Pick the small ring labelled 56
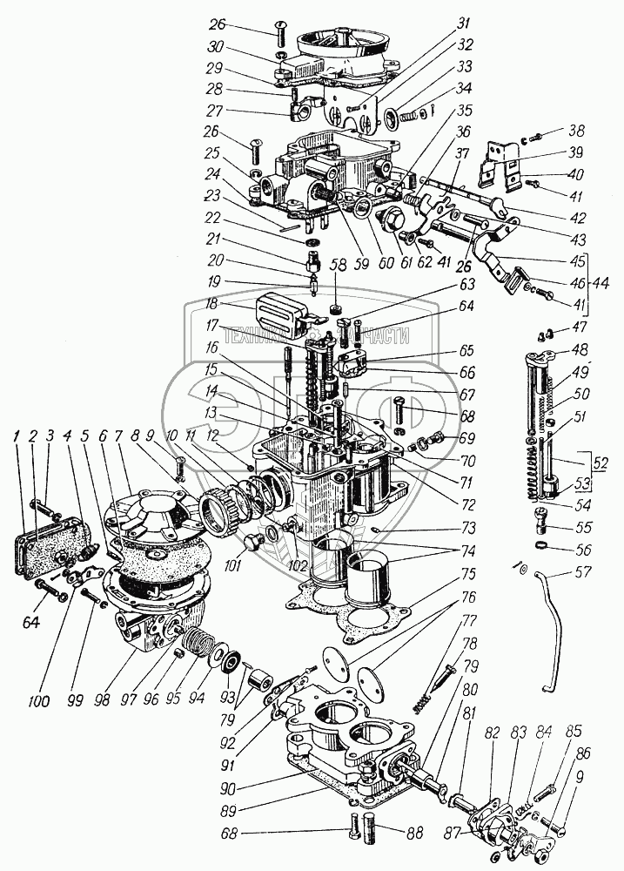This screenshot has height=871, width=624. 539,546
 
